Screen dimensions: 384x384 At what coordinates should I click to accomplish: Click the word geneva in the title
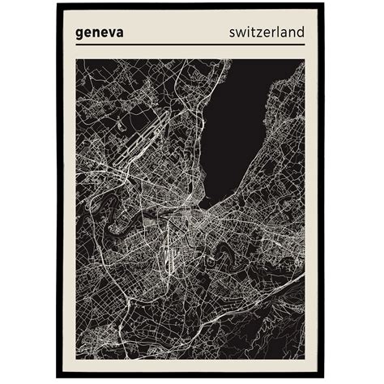point(99,33)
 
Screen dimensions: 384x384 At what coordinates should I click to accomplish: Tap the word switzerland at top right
point(267,32)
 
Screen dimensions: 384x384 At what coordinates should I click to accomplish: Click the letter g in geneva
point(80,34)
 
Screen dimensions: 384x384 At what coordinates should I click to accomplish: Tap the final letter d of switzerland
point(301,32)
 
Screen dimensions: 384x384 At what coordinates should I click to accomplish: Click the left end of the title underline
point(76,45)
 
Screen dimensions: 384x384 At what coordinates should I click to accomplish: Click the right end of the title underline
point(305,45)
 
